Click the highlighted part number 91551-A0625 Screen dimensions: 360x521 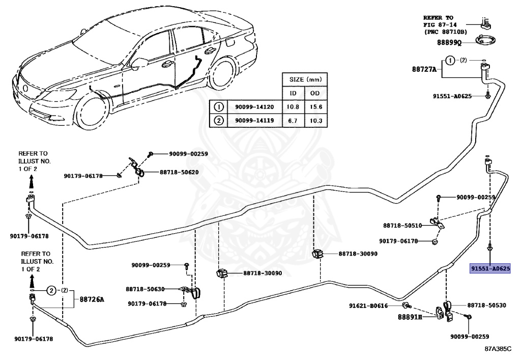(x=489, y=268)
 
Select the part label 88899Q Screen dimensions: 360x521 (x=449, y=43)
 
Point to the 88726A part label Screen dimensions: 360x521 (x=92, y=299)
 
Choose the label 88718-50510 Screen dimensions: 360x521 (x=402, y=225)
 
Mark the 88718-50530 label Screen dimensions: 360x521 (x=486, y=306)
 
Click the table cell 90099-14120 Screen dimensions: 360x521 (x=254, y=107)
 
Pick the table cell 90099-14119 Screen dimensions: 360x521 (x=254, y=121)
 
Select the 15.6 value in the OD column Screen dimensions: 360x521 (x=316, y=107)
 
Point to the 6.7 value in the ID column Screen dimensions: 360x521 (x=293, y=121)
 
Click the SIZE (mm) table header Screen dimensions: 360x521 (x=304, y=80)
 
